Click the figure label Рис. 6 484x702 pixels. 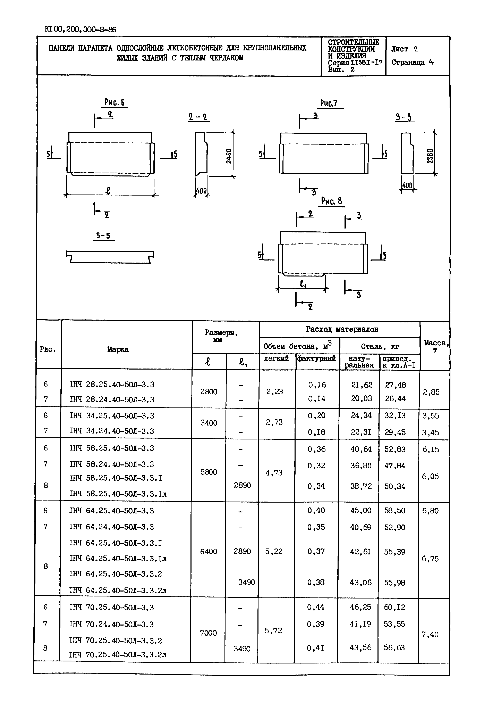114,102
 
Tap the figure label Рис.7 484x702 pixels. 329,104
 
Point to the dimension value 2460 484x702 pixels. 229,156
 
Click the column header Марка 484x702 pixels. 118,349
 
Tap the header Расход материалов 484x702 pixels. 342,329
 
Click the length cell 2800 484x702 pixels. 209,392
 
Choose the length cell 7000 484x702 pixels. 208,633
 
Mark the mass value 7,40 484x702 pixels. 430,634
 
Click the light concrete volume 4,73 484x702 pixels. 274,473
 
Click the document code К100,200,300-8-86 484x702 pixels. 80,30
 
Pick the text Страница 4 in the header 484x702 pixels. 412,63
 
